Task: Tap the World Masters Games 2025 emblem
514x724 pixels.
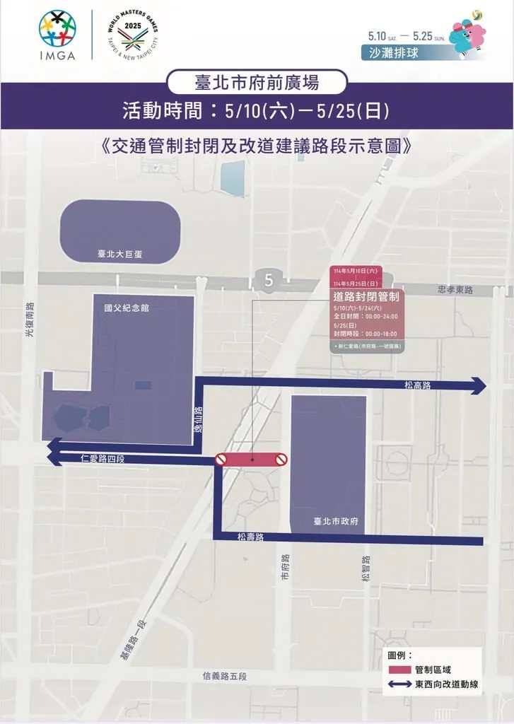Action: point(129,35)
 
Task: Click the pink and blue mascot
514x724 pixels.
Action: point(467,35)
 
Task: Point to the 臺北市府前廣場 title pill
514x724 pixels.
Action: point(257,83)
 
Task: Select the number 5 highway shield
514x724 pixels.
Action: point(269,280)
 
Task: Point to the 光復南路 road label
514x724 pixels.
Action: point(30,320)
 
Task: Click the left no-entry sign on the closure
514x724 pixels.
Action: point(221,460)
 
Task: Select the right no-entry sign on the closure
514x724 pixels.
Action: point(281,460)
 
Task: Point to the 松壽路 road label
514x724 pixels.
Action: point(251,537)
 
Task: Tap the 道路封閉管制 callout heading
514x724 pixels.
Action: point(366,296)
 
